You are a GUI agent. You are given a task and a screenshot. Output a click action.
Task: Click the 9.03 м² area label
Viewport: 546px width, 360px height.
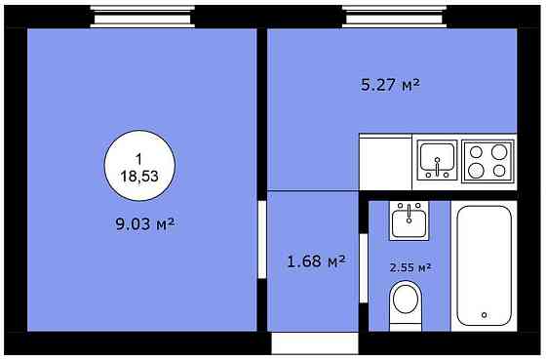click(144, 224)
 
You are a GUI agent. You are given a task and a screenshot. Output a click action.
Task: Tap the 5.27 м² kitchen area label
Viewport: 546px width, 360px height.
click(390, 85)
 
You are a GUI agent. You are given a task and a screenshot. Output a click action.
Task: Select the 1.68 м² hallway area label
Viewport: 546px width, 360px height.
click(316, 261)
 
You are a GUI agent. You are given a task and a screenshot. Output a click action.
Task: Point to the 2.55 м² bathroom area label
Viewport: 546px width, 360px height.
click(410, 267)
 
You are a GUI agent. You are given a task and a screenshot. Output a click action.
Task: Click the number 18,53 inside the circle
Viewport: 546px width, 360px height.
click(139, 177)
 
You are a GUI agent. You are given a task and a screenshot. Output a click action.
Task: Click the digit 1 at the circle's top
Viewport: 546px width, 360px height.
click(138, 159)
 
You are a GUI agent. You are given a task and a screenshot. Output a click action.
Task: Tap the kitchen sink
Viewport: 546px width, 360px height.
click(437, 160)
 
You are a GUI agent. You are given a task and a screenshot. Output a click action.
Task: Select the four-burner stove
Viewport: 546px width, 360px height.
click(487, 161)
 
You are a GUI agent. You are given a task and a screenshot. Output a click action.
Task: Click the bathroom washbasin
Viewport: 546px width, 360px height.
click(409, 220)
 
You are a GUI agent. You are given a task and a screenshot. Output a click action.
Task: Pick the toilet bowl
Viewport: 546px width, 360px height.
click(406, 300)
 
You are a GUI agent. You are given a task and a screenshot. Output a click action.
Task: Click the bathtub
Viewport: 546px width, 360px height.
click(484, 265)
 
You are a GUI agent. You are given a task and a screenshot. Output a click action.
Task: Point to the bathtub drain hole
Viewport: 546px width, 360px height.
click(484, 315)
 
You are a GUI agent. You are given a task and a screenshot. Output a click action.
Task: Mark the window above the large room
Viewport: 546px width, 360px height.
click(142, 17)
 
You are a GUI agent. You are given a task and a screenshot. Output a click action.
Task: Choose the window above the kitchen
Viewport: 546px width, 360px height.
click(394, 17)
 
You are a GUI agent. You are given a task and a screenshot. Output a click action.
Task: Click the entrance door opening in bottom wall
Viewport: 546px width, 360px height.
click(315, 343)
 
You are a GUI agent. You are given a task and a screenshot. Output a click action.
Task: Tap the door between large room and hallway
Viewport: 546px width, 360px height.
click(262, 239)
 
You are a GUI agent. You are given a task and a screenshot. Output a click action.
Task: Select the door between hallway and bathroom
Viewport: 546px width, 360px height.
click(364, 268)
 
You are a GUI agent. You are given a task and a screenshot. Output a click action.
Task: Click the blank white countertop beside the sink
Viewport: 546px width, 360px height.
click(385, 162)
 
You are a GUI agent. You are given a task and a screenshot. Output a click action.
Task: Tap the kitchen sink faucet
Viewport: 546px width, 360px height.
click(438, 166)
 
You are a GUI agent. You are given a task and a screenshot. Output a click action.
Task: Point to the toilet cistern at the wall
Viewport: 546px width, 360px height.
click(406, 327)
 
